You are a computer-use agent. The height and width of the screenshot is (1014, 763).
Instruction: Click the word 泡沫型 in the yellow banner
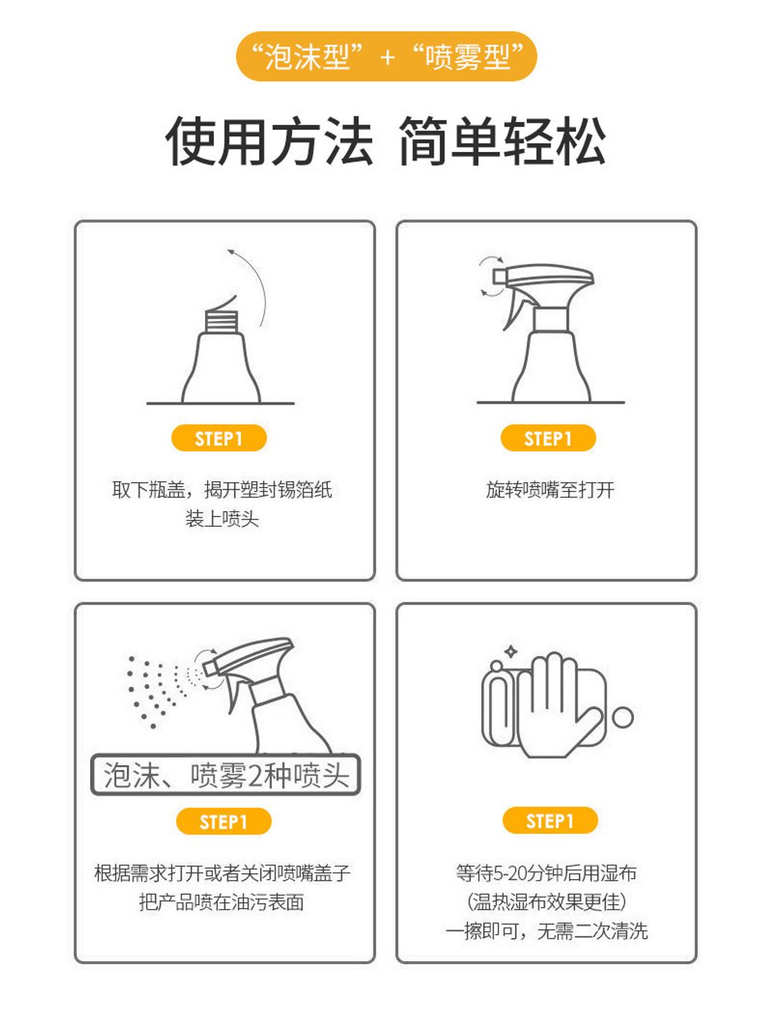pyautogui.click(x=307, y=57)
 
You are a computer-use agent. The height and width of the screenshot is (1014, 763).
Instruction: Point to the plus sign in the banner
pyautogui.click(x=387, y=57)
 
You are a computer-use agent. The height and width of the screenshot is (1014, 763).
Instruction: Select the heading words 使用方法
pyautogui.click(x=269, y=142)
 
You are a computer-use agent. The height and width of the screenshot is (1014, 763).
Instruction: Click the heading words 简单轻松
pyautogui.click(x=502, y=142)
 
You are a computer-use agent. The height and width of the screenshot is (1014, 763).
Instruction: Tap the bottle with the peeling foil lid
pyautogui.click(x=221, y=358)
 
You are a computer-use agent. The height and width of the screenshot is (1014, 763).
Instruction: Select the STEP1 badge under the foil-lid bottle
pyautogui.click(x=219, y=438)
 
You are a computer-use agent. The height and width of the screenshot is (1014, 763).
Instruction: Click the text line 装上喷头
pyautogui.click(x=222, y=519)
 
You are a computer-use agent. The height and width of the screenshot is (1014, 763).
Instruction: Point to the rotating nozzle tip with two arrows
pyautogui.click(x=495, y=277)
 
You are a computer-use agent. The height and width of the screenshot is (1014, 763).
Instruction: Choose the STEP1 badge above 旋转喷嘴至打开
pyautogui.click(x=548, y=438)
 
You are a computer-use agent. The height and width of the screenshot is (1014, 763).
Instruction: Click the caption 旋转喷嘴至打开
pyautogui.click(x=550, y=489)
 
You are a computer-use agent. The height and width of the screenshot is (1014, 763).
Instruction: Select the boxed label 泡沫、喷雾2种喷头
pyautogui.click(x=226, y=776)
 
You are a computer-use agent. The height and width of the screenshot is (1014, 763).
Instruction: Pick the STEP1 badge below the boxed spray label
pyautogui.click(x=224, y=822)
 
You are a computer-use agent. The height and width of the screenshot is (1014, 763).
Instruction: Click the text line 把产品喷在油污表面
pyautogui.click(x=222, y=902)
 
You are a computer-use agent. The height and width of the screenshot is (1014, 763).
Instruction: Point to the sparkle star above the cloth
pyautogui.click(x=511, y=652)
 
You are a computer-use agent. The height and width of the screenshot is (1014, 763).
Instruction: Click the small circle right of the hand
pyautogui.click(x=623, y=717)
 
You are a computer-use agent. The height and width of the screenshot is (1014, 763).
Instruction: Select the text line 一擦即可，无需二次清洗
pyautogui.click(x=547, y=931)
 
